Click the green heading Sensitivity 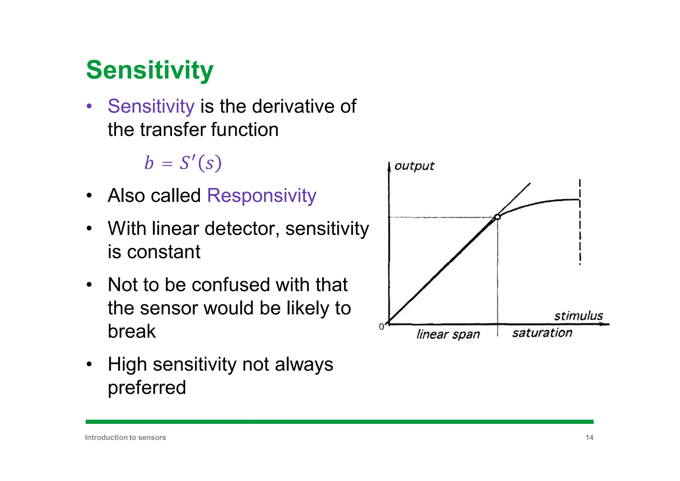pos(149,70)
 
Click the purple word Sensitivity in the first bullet pos(151,106)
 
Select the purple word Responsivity pos(261,195)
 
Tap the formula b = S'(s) pos(183,163)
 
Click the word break pos(131,331)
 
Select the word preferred pos(147,387)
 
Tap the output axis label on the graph pos(414,166)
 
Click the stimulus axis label pos(578,316)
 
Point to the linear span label pos(448,334)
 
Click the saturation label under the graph pos(542,333)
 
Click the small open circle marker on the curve pos(497,217)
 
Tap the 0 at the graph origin pos(381,327)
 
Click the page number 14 pos(589,437)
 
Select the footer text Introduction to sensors pos(125,437)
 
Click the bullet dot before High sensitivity pos(89,364)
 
